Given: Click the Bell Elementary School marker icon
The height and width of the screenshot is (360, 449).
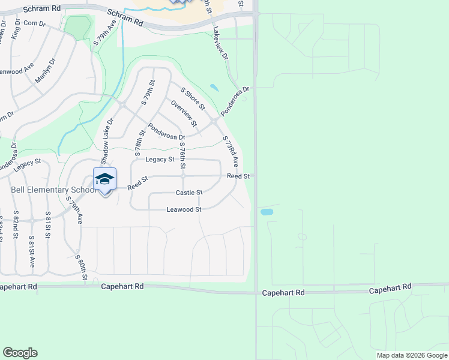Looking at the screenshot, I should pos(104,179).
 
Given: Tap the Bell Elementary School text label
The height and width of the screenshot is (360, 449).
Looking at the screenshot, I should pos(53,190).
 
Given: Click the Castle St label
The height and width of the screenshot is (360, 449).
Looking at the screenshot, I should pos(189,193).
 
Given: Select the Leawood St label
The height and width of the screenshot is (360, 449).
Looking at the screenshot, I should pos(184,209).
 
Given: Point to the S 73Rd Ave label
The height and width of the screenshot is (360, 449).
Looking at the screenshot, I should pos(231,152).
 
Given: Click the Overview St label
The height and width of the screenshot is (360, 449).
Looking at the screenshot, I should pos(184,113).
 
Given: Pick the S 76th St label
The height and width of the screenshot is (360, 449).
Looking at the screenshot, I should pos(183,154).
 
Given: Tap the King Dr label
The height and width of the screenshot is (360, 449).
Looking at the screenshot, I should pos(16,29).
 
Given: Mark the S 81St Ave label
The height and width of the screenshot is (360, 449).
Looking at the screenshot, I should pos(32,252).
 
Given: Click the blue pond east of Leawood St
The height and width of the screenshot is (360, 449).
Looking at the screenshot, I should pos(267,212).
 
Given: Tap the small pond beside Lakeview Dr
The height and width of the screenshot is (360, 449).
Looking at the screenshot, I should pos(214,88).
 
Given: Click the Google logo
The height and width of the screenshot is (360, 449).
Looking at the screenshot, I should pos(20,353).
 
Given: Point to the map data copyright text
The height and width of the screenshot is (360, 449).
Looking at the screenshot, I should pos(412,355).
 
